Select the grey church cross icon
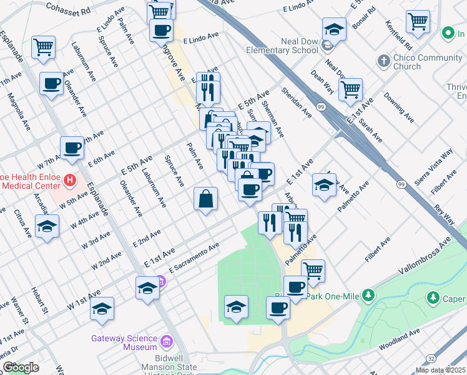click(x=384, y=61)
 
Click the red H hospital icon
click(x=71, y=181)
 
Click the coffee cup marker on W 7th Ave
click(x=72, y=149)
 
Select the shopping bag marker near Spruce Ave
click(x=205, y=199)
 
